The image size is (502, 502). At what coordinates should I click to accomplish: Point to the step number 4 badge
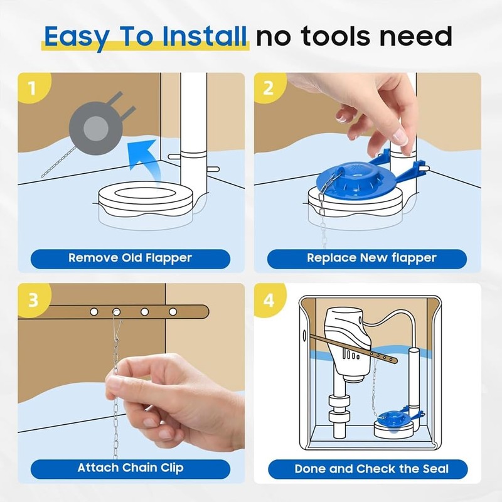tap(269, 299)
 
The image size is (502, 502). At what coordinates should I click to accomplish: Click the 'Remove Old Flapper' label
tap(130, 258)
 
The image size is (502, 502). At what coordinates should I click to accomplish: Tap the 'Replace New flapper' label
tap(367, 258)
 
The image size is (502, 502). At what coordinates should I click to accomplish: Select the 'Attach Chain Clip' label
tap(130, 468)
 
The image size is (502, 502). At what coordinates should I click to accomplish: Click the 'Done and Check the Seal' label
tap(367, 469)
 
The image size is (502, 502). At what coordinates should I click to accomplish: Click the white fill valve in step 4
tap(346, 339)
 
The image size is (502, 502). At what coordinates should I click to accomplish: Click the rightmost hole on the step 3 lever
tap(173, 311)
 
